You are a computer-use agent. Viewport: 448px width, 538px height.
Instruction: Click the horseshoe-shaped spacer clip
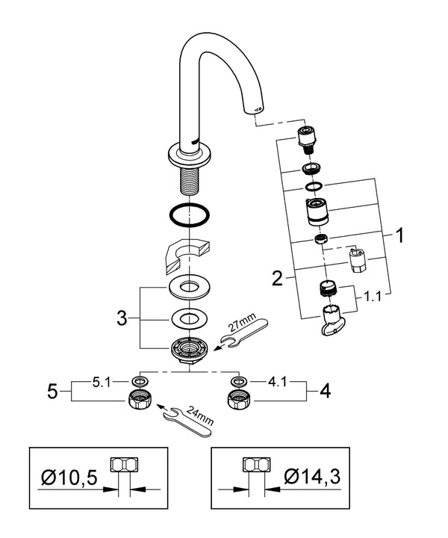(185, 254)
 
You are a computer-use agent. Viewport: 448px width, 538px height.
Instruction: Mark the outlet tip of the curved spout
(256, 109)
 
